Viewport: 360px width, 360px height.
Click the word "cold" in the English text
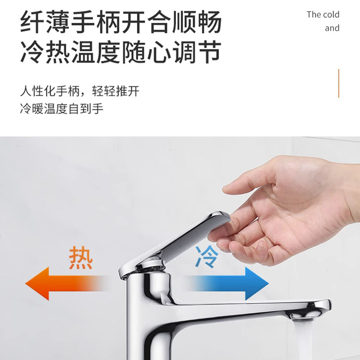pos(331,14)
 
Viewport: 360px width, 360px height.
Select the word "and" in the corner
pos(332,28)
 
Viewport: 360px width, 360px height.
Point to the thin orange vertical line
pos(338,83)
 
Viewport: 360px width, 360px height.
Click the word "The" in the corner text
pos(314,14)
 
